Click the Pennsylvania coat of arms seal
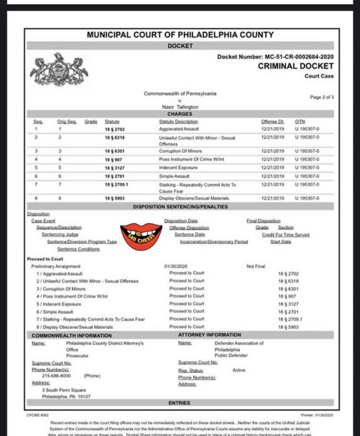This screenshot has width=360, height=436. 59,70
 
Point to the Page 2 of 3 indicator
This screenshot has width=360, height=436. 321,97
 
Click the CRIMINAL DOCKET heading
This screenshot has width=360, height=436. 295,66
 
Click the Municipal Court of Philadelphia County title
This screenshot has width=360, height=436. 180,35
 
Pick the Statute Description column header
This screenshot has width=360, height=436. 178,122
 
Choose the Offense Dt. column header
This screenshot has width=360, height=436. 272,122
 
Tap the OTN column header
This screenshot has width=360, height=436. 300,122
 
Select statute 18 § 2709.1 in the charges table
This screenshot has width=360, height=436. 116,184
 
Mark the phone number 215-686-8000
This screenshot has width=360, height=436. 56,376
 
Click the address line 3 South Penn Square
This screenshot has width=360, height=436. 64,390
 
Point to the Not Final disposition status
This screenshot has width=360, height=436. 256,266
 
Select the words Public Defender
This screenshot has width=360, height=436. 231,355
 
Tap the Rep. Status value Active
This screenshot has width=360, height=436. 239,370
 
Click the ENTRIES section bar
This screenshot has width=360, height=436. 179,403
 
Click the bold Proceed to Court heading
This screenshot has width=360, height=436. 45,259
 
